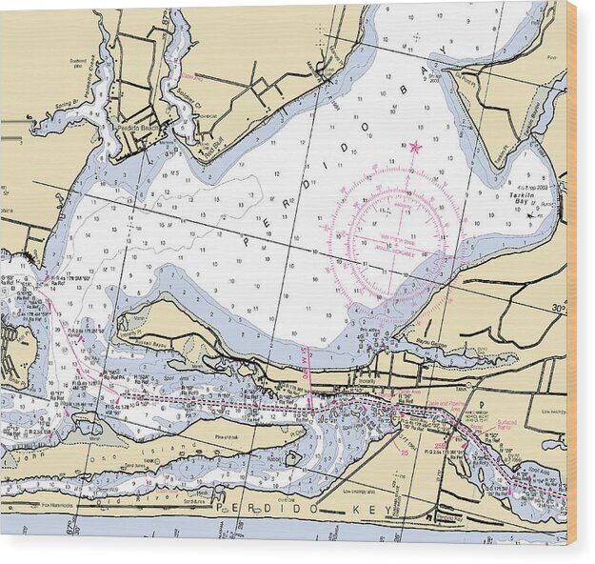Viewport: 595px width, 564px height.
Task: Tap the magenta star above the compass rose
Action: [415, 147]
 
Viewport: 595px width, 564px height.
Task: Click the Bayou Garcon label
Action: [434, 344]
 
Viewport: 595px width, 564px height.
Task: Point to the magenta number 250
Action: [440, 445]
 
